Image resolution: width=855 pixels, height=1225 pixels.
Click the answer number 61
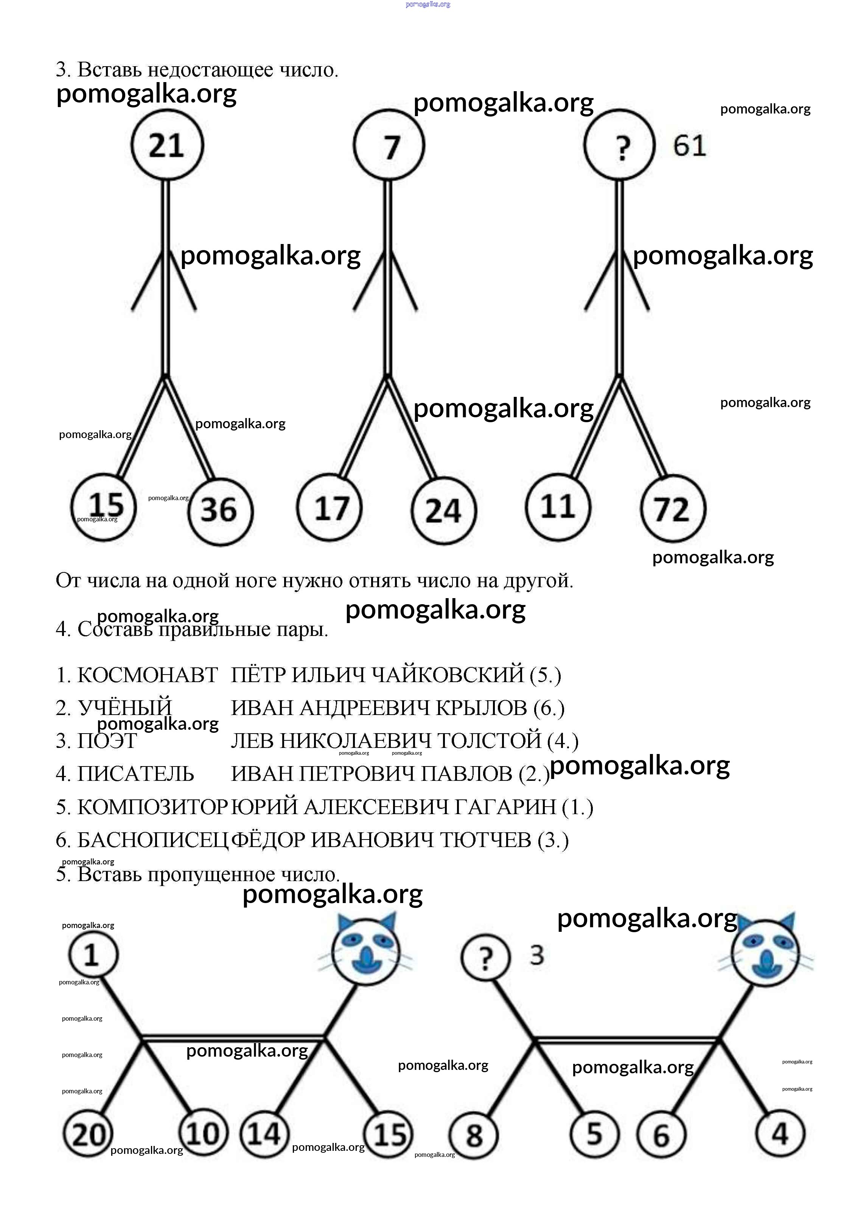click(x=689, y=146)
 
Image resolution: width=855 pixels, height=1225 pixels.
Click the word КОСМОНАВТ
click(x=148, y=675)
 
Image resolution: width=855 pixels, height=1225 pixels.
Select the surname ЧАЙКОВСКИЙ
click(x=447, y=675)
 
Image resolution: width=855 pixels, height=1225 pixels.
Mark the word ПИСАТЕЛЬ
click(x=136, y=774)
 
